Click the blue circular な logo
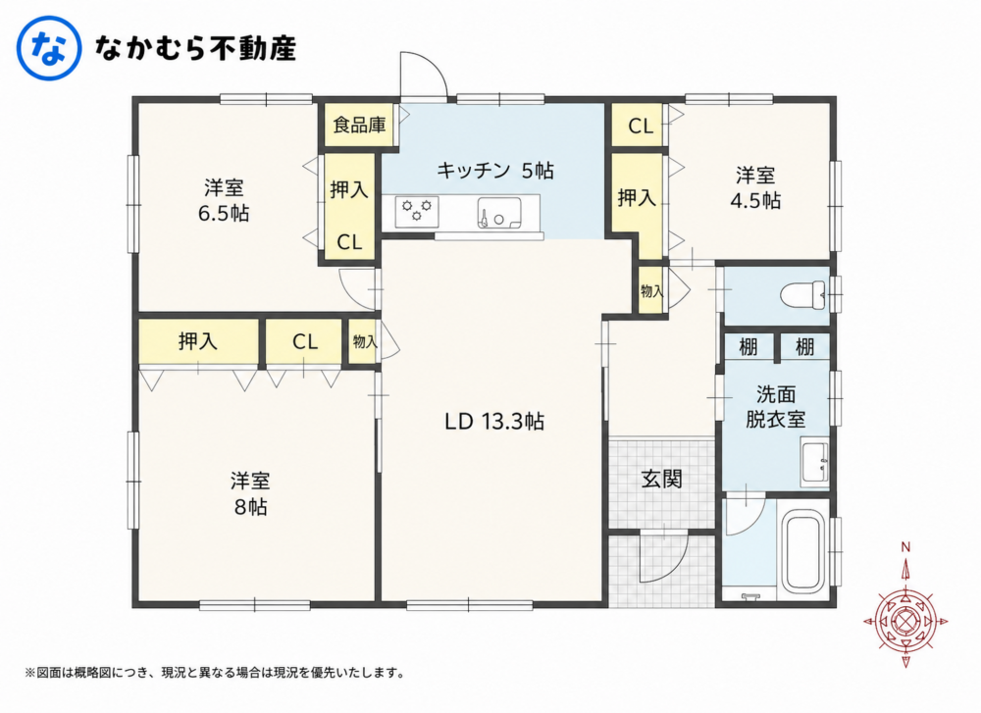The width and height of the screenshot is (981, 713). pyautogui.click(x=48, y=48)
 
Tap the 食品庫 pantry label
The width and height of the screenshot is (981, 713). pyautogui.click(x=359, y=126)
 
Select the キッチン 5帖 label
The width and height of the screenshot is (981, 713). pyautogui.click(x=494, y=170)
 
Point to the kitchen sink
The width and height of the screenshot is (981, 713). pyautogui.click(x=498, y=213)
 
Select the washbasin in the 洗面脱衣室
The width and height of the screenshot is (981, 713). pyautogui.click(x=815, y=463)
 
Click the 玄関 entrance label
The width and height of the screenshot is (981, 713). pyautogui.click(x=661, y=479)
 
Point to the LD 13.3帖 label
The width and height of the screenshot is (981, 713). pyautogui.click(x=494, y=422)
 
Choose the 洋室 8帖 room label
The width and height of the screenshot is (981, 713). pyautogui.click(x=250, y=493)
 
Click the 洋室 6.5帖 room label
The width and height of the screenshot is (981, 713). pyautogui.click(x=224, y=200)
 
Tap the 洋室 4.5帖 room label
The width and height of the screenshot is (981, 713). pyautogui.click(x=755, y=187)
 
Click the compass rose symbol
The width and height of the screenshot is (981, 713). pyautogui.click(x=905, y=622)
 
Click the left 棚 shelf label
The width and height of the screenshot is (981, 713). pyautogui.click(x=749, y=346)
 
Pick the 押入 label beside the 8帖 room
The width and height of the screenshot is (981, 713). pyautogui.click(x=198, y=341)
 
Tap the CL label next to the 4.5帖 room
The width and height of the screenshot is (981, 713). pyautogui.click(x=640, y=127)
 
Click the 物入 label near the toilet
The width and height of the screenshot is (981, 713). pyautogui.click(x=652, y=291)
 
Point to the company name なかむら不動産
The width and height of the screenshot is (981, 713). pyautogui.click(x=194, y=48)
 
